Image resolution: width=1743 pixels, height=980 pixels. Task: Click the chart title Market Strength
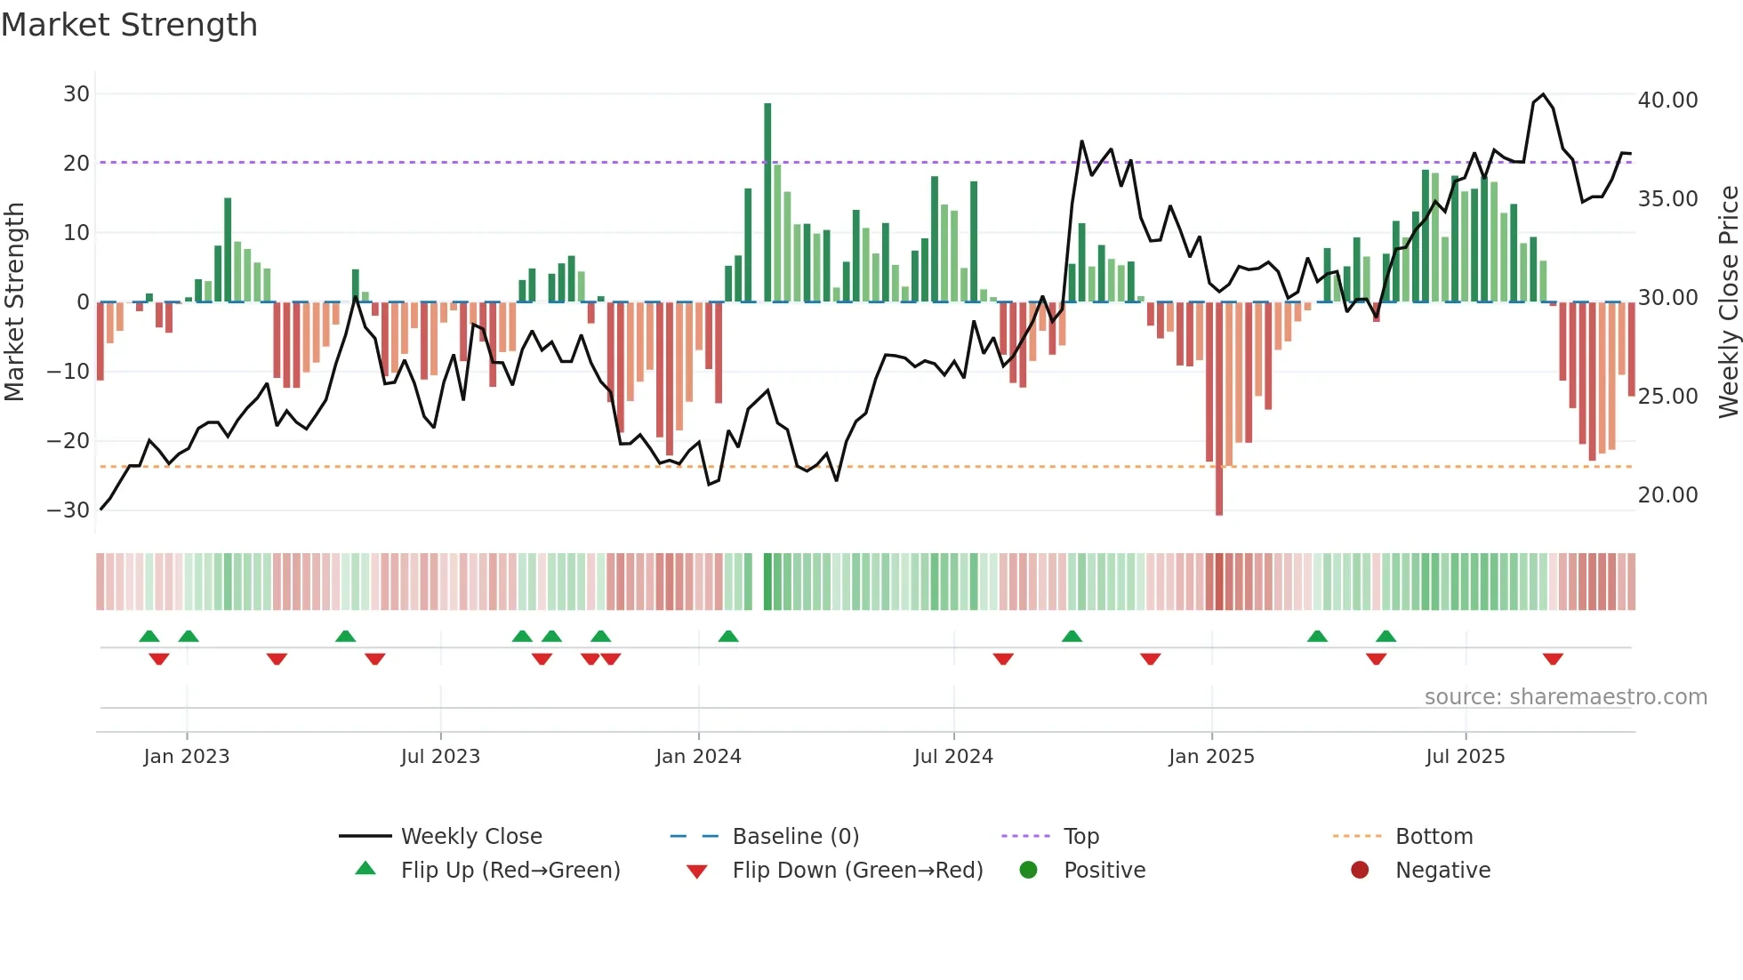pyautogui.click(x=130, y=25)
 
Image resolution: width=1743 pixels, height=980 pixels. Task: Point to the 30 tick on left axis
pyautogui.click(x=76, y=94)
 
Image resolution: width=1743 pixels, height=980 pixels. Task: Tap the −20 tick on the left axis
pyautogui.click(x=68, y=441)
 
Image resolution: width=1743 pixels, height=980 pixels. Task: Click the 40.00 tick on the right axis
pyautogui.click(x=1667, y=100)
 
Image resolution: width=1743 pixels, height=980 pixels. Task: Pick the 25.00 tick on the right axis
pyautogui.click(x=1667, y=397)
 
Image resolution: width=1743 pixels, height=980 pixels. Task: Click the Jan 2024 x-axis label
pyautogui.click(x=698, y=757)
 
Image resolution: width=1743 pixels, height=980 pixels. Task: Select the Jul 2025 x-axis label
pyautogui.click(x=1465, y=757)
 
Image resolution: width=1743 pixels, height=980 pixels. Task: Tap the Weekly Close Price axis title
pyautogui.click(x=1728, y=301)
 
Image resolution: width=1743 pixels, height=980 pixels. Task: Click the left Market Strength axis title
pyautogui.click(x=14, y=301)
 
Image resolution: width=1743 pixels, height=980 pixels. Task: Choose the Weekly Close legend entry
pyautogui.click(x=470, y=837)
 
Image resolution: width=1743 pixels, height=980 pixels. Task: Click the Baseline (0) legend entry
pyautogui.click(x=795, y=837)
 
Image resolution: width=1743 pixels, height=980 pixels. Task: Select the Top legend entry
pyautogui.click(x=1080, y=837)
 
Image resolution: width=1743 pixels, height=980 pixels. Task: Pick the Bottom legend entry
pyautogui.click(x=1434, y=837)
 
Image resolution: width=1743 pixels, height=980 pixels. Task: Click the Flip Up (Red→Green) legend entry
pyautogui.click(x=510, y=871)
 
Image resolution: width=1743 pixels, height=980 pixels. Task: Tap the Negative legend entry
pyautogui.click(x=1442, y=871)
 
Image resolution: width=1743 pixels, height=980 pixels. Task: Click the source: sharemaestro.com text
pyautogui.click(x=1565, y=697)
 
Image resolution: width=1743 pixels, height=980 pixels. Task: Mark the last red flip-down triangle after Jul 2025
pyautogui.click(x=1553, y=659)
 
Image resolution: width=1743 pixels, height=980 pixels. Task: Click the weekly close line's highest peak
pyautogui.click(x=1543, y=94)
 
